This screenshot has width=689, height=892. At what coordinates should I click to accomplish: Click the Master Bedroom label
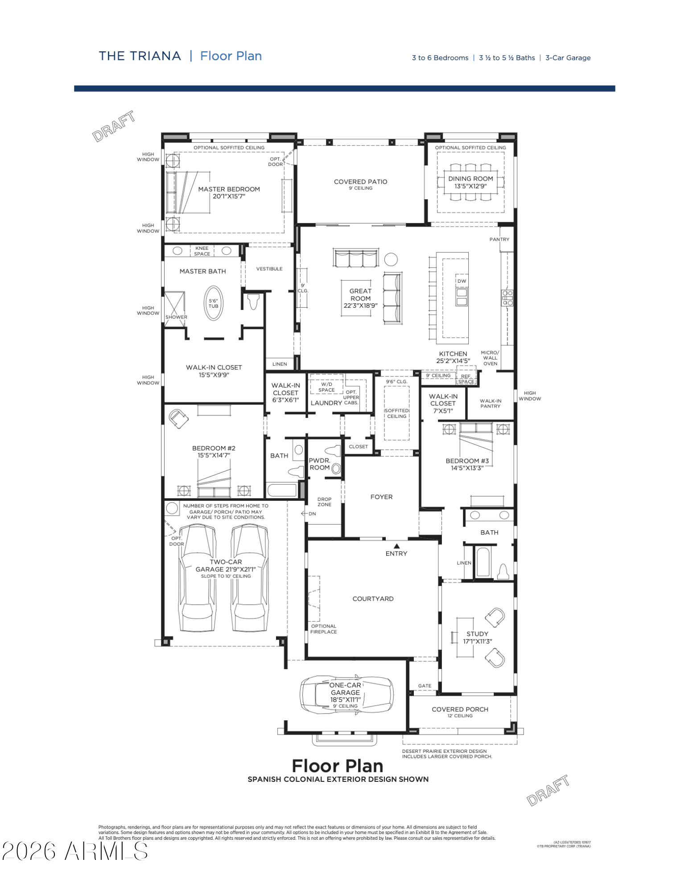click(229, 189)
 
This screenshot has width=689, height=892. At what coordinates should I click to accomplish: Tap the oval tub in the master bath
click(213, 303)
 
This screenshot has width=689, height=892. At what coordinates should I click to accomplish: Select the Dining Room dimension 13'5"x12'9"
click(470, 186)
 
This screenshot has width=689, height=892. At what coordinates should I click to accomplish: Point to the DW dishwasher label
click(462, 281)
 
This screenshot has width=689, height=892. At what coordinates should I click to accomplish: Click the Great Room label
click(360, 295)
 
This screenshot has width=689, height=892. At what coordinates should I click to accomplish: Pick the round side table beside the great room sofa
click(391, 260)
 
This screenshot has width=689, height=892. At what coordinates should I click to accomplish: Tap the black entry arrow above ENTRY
click(396, 546)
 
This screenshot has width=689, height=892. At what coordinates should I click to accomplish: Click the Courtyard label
click(373, 599)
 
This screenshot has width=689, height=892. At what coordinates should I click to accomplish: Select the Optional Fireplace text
click(324, 629)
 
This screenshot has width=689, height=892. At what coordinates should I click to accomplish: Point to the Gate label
click(425, 686)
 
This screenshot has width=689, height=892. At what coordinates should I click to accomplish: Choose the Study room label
click(477, 634)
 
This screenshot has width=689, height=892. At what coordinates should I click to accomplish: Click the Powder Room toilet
click(333, 450)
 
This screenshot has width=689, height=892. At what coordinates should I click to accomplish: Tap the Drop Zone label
click(324, 502)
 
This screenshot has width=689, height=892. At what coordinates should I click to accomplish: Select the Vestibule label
click(269, 269)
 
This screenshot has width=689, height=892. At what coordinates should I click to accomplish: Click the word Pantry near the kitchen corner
click(499, 240)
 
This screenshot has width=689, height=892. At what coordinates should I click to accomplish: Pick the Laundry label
click(326, 403)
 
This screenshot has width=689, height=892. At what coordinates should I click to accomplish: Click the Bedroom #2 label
click(214, 448)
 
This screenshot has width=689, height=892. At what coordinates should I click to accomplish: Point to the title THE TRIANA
click(140, 56)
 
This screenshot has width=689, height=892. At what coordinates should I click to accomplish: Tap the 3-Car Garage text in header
click(568, 58)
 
